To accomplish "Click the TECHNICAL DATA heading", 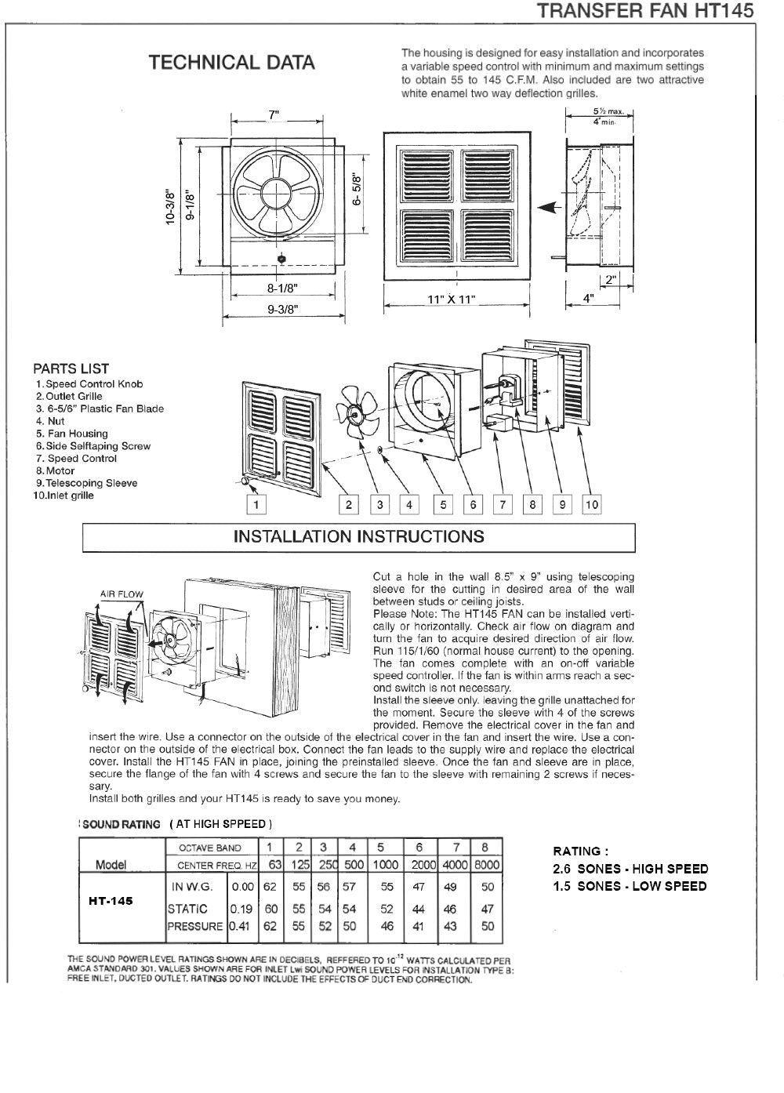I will pos(232,63).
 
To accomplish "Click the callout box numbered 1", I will pos(256,505).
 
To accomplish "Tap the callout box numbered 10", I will pos(591,505).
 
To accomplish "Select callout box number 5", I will pos(444,505).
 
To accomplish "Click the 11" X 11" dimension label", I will pos(451,300).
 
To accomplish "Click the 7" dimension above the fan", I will pos(274,115).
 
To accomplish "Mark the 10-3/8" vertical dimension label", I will pos(169,207).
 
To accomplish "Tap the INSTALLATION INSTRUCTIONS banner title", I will pos(358,537).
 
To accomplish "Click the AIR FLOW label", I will pos(122,594).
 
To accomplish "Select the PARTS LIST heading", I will pos(71,369).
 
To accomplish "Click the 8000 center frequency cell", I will pos(487,864).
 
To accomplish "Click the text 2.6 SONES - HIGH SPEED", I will pos(630,869).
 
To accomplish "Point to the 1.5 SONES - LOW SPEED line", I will pos(630,886).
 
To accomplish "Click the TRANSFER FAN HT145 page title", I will pos(645,10).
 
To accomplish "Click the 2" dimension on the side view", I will pos(611,278).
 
